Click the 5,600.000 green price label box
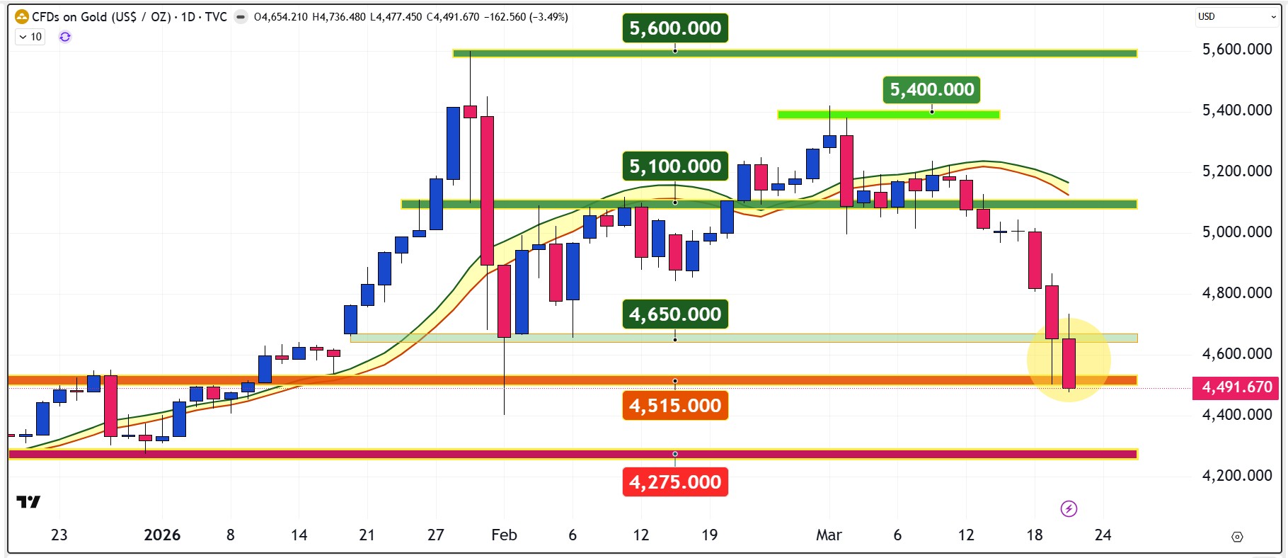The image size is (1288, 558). tap(675, 28)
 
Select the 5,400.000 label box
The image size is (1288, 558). tap(932, 90)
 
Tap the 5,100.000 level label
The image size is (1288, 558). tap(675, 166)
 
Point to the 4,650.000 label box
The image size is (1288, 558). tap(675, 314)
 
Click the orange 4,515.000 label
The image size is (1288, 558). tap(675, 406)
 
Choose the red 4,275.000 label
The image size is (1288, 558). tap(675, 482)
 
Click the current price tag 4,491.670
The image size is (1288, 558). tap(1237, 387)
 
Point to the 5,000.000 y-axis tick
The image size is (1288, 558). tap(1237, 232)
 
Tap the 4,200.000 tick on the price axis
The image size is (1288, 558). tap(1237, 475)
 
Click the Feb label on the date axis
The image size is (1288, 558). tap(504, 535)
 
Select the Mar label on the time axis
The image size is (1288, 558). tap(829, 535)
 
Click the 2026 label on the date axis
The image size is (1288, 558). tap(162, 535)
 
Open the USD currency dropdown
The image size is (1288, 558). tap(1236, 16)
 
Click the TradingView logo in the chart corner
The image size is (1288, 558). tap(28, 502)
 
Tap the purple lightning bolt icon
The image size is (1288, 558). tap(1069, 508)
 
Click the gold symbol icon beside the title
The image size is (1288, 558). tap(22, 16)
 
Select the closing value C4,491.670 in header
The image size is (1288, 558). tap(453, 17)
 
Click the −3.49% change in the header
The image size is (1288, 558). tap(548, 17)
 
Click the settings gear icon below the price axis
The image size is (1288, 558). tap(1237, 537)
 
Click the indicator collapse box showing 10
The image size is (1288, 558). tap(30, 37)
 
